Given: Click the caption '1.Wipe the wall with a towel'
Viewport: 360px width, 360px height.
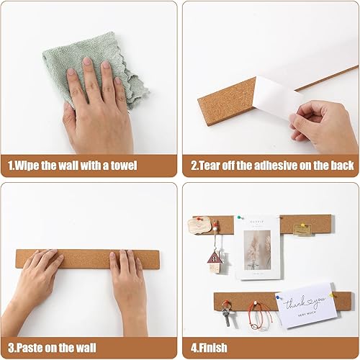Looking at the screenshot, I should pyautogui.click(x=72, y=165).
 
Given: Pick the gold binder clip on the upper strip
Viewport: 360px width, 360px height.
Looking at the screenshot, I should pyautogui.click(x=302, y=229).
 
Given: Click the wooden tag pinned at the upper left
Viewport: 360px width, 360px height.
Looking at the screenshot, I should pyautogui.click(x=197, y=226).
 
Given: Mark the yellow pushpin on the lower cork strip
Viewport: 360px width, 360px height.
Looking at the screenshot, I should pyautogui.click(x=334, y=295).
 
